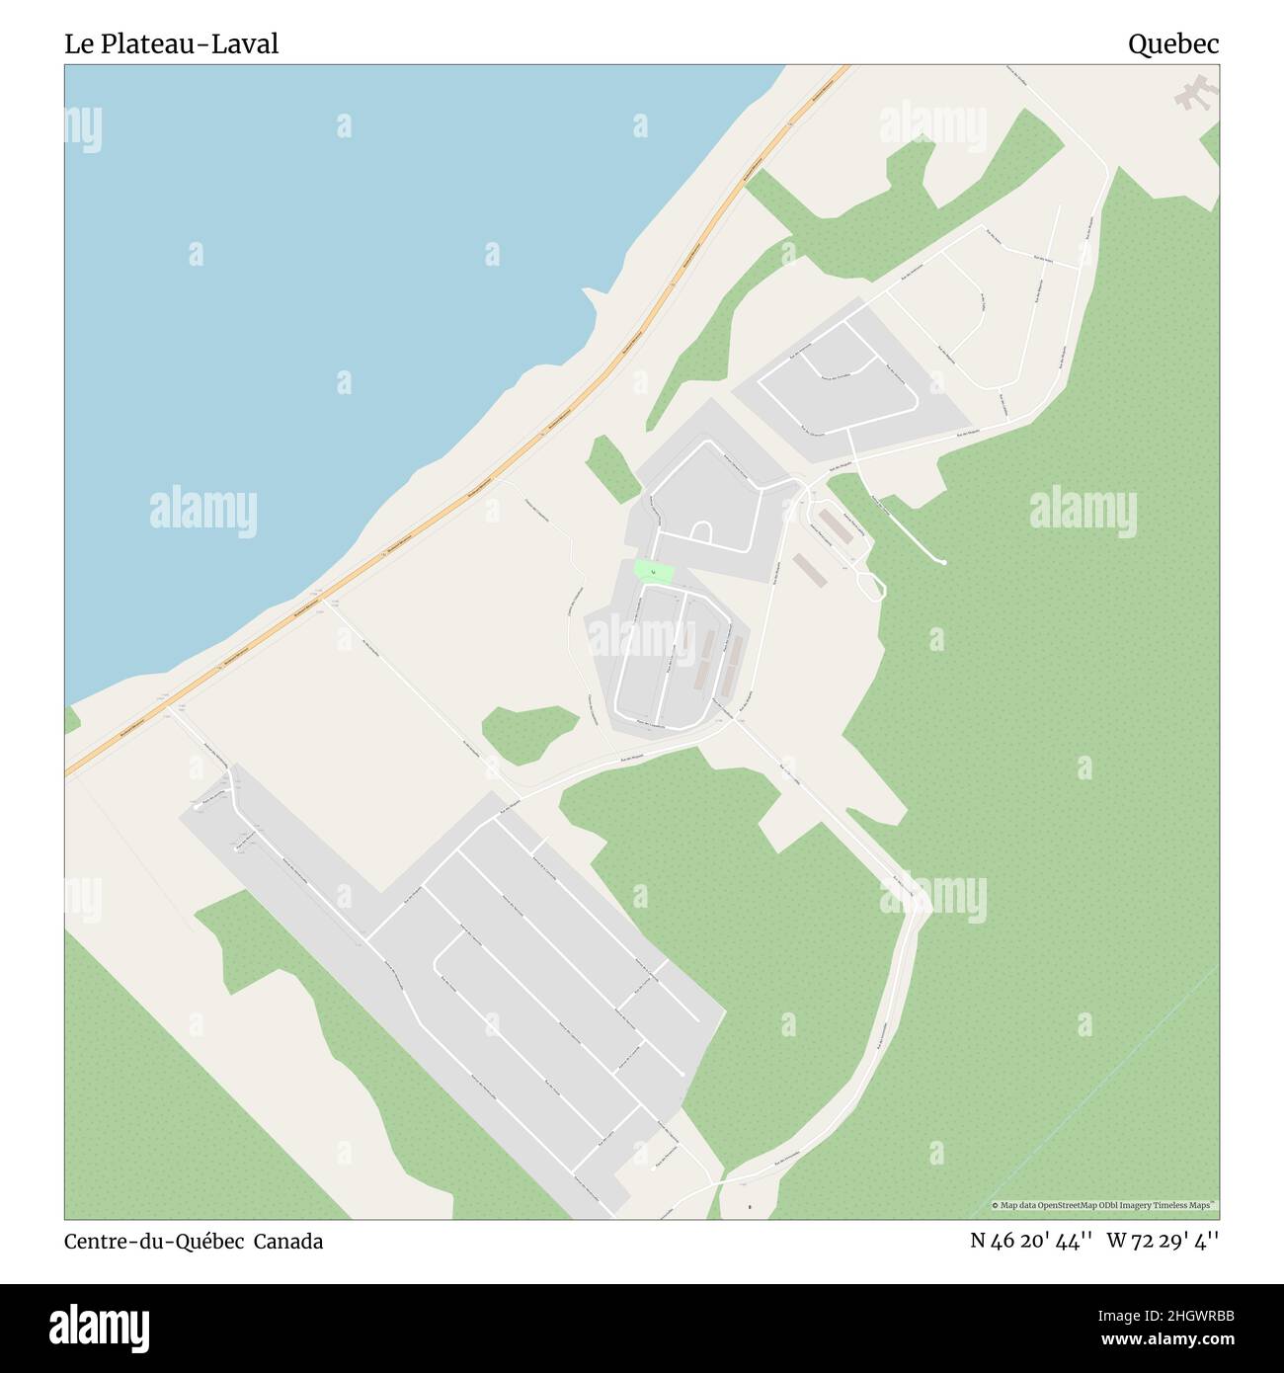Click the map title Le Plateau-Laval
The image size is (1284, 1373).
pyautogui.click(x=172, y=43)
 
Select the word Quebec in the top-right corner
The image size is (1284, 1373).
pyautogui.click(x=1173, y=43)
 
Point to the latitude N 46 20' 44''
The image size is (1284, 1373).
pyautogui.click(x=1030, y=1241)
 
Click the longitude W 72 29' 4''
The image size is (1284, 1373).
pyautogui.click(x=1163, y=1241)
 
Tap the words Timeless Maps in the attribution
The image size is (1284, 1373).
pyautogui.click(x=1189, y=1205)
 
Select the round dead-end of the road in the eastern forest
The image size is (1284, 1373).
pyautogui.click(x=945, y=562)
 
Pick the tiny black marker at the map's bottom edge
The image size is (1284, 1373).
pyautogui.click(x=750, y=1207)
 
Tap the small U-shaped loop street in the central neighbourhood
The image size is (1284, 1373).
pyautogui.click(x=701, y=532)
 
